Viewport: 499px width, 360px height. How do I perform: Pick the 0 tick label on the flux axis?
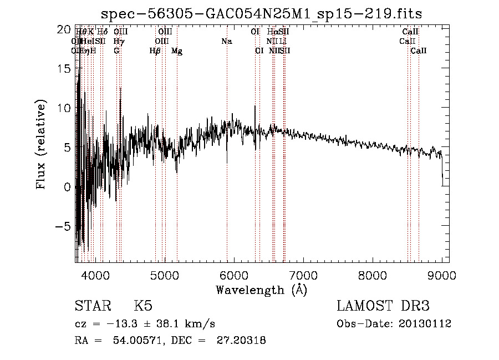point(68,187)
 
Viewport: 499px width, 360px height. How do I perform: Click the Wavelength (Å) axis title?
point(261,290)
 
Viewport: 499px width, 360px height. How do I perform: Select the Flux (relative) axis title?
point(42,145)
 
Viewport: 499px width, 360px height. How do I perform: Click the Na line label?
point(226,42)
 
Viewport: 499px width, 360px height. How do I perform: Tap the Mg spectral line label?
point(177,51)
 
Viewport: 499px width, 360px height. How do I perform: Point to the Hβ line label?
point(155,51)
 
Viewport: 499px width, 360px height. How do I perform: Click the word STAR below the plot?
point(92,306)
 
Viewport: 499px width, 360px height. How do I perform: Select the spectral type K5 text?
point(143,306)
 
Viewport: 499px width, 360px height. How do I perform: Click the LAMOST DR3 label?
point(383,306)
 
